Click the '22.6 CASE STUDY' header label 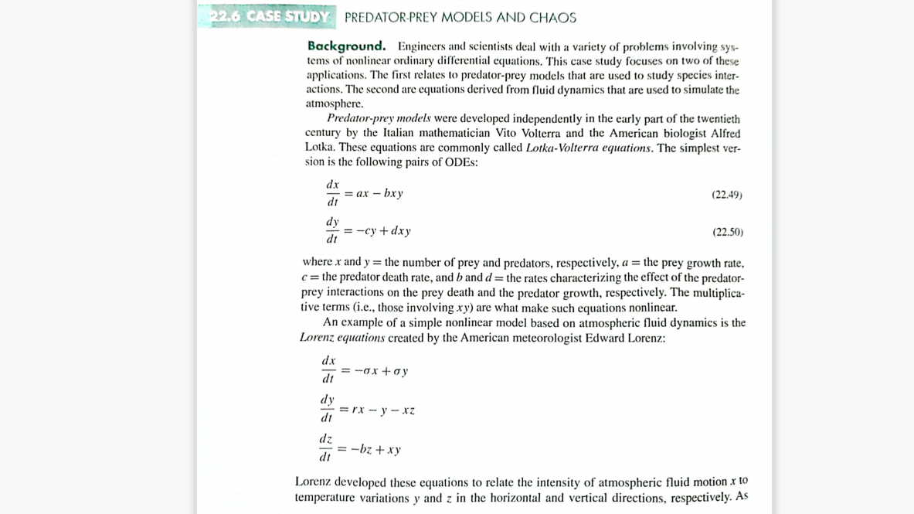pyautogui.click(x=268, y=16)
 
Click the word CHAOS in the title pyautogui.click(x=552, y=17)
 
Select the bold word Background pyautogui.click(x=346, y=46)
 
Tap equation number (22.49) pyautogui.click(x=726, y=195)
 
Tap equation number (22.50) pyautogui.click(x=727, y=232)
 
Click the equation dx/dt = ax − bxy pyautogui.click(x=364, y=193)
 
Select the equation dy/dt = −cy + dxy pyautogui.click(x=368, y=230)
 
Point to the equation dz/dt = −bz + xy pyautogui.click(x=360, y=449)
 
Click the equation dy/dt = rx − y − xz pyautogui.click(x=368, y=410)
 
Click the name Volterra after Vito pyautogui.click(x=540, y=133)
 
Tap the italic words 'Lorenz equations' pyautogui.click(x=341, y=338)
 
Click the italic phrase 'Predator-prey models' pyautogui.click(x=378, y=118)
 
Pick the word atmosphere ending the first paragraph pyautogui.click(x=334, y=104)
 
